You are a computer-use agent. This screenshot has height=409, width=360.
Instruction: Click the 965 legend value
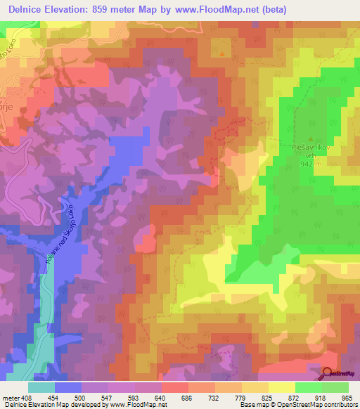[347, 398]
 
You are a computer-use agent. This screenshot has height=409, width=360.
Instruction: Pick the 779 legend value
[240, 398]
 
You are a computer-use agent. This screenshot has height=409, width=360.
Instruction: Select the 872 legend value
[294, 398]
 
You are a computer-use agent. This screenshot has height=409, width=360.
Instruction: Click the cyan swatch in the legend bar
[41, 387]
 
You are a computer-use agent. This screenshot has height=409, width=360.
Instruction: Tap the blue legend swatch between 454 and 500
[68, 387]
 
